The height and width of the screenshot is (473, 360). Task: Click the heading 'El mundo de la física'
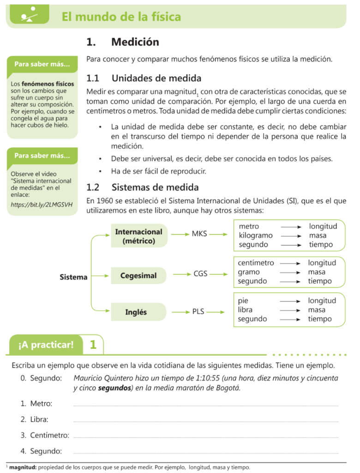[121, 17]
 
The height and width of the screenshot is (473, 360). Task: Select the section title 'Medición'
[135, 42]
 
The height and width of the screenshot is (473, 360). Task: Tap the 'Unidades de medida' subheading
[156, 78]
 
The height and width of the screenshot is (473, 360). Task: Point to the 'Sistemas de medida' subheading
[155, 188]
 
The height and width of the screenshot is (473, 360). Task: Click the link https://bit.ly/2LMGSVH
[42, 204]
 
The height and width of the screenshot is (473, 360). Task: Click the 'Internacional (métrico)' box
[138, 236]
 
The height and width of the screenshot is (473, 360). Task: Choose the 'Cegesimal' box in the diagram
[138, 276]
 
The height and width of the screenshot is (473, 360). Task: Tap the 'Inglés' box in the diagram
[136, 312]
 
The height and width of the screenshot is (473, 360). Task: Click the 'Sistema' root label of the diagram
[73, 277]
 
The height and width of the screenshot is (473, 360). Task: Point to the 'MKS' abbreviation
[199, 234]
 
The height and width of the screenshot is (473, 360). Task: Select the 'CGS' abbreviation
[200, 273]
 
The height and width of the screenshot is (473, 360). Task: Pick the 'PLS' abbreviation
[198, 312]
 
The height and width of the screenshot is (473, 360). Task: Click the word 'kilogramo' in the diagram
[256, 236]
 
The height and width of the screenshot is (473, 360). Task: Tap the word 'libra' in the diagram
[245, 309]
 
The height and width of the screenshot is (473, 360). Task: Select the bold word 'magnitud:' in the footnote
[23, 467]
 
